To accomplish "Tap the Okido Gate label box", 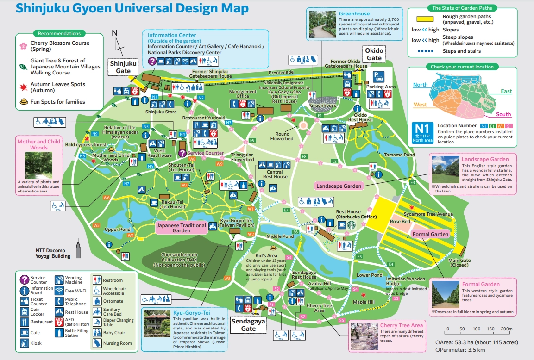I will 374,54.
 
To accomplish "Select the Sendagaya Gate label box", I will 248,325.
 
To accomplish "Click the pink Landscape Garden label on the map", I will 338,186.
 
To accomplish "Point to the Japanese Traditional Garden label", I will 181,228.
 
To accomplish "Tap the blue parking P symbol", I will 378,76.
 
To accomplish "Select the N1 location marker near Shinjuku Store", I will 155,97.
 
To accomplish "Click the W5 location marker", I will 96,225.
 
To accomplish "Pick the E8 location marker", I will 304,157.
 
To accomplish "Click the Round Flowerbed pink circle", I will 303,125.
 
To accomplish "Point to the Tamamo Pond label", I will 399,155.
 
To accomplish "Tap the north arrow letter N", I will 114,32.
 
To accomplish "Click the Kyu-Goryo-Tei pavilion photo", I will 157,323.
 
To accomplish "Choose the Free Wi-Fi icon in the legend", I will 59,291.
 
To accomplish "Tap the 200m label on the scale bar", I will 507,329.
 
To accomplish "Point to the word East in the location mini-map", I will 506,91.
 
